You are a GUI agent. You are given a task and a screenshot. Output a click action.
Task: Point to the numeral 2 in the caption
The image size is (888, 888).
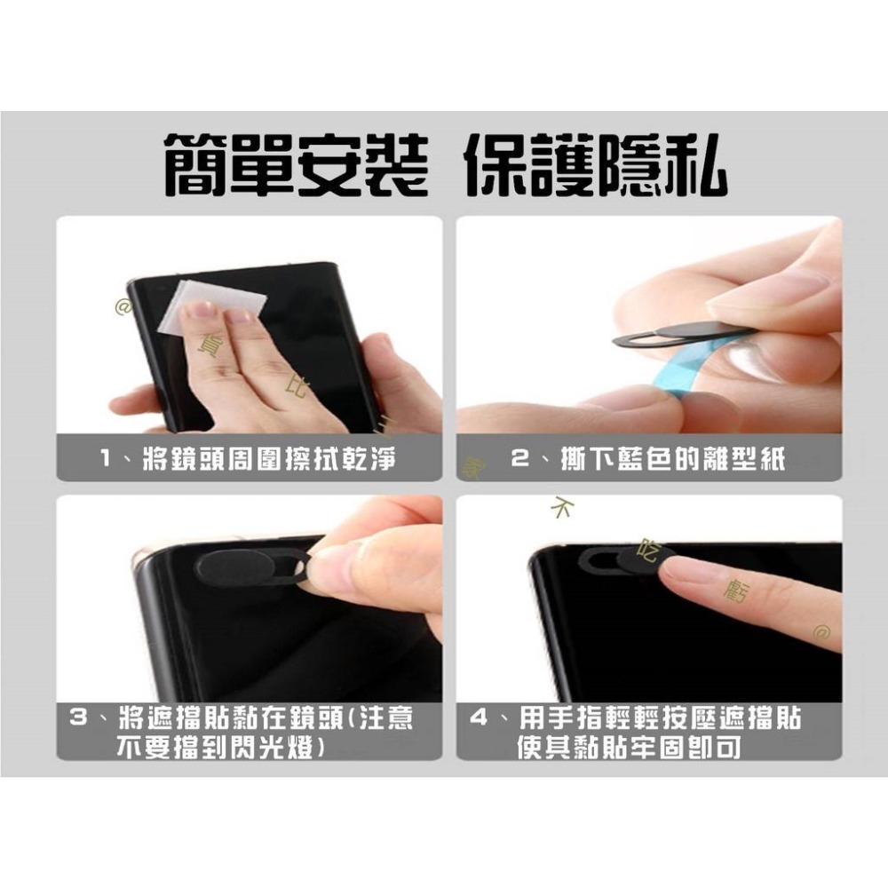click(521, 459)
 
